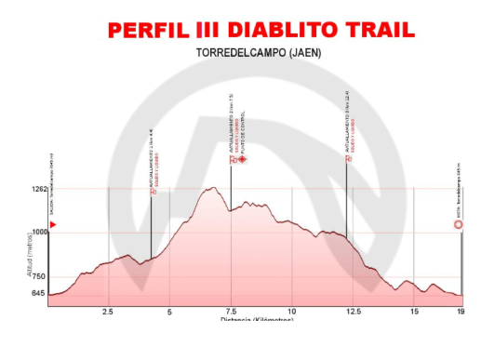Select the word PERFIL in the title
pyautogui.click(x=148, y=30)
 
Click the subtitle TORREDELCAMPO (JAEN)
pyautogui.click(x=260, y=53)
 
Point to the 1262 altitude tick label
pyautogui.click(x=37, y=190)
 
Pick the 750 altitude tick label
pyautogui.click(x=39, y=276)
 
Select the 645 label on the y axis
pyautogui.click(x=39, y=294)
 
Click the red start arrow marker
pyautogui.click(x=53, y=225)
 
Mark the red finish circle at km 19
pyautogui.click(x=459, y=225)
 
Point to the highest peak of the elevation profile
pyautogui.click(x=213, y=188)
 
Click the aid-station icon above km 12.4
pyautogui.click(x=349, y=158)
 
